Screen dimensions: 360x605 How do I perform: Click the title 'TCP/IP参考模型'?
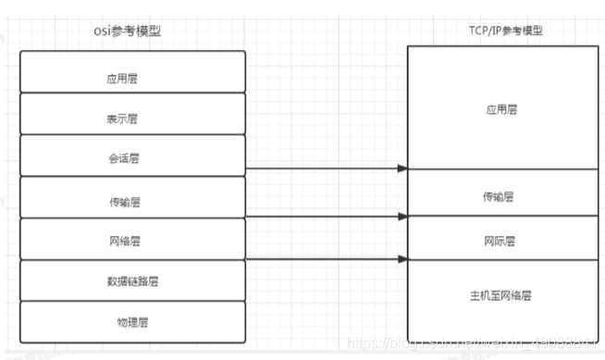[x=504, y=31]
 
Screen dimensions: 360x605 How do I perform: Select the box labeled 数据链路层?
[x=132, y=280]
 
